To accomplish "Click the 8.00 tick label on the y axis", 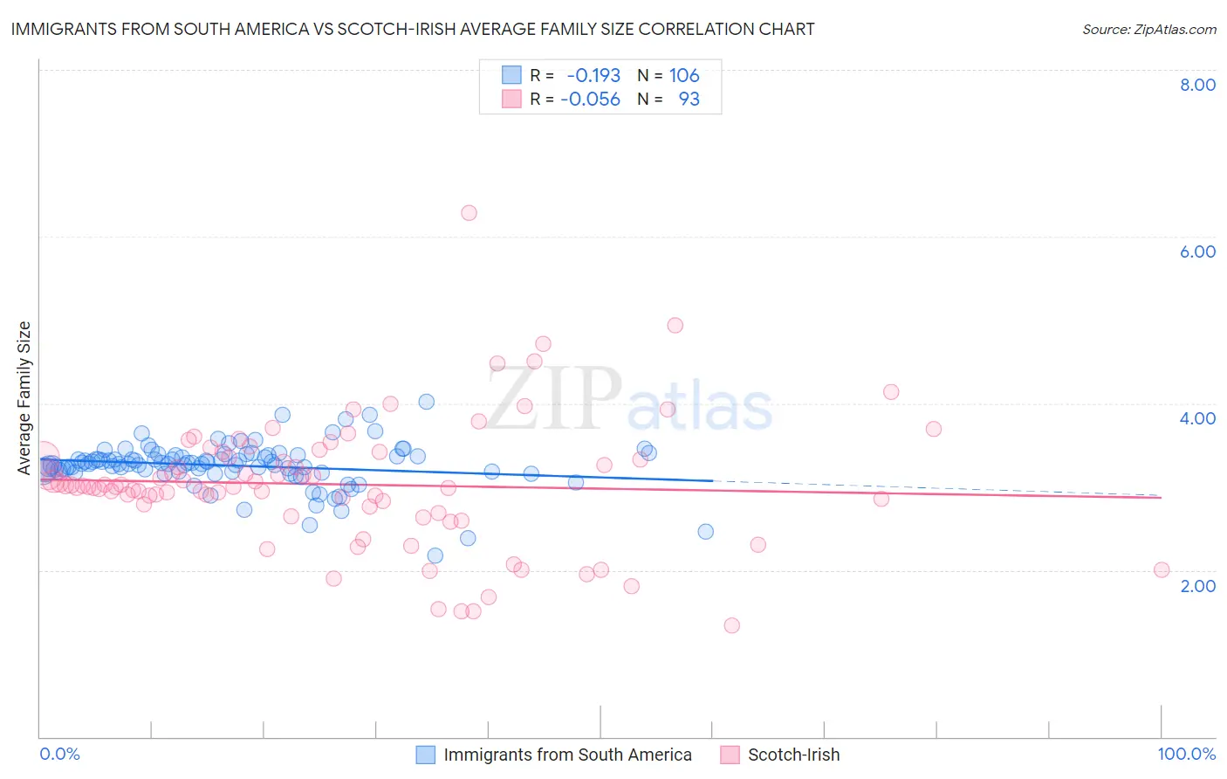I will (1197, 85).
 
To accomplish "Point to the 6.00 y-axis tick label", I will (1197, 252).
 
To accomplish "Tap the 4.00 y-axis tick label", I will (1197, 418).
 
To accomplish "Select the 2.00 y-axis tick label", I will (1197, 585).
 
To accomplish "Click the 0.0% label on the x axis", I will (59, 754).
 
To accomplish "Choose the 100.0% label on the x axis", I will (1186, 754).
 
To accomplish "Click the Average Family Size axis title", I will (24, 398).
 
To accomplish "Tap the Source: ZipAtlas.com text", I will (1148, 29).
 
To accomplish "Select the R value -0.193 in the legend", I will (593, 76).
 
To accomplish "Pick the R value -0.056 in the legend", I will (590, 100).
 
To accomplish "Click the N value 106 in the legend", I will (684, 76).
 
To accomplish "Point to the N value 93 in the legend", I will (689, 100).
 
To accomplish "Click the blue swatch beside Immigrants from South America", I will (425, 755).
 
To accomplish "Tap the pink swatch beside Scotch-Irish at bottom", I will (730, 755).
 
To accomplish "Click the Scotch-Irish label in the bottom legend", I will (793, 755).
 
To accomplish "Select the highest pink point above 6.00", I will (469, 212).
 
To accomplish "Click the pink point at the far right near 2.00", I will (1162, 569).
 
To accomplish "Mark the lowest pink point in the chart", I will (731, 625).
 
